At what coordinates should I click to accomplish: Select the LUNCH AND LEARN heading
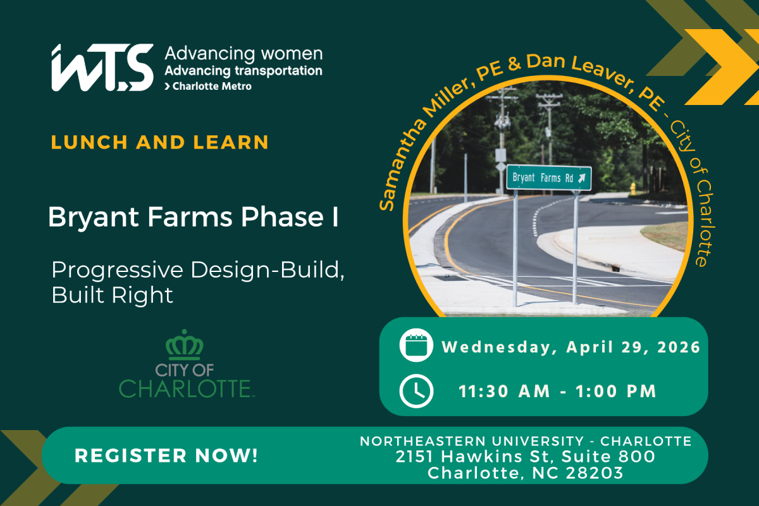160,142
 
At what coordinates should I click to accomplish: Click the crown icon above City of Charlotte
185,344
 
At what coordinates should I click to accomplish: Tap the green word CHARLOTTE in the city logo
186,388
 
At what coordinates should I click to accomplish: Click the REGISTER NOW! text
166,455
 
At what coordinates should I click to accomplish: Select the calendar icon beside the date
416,346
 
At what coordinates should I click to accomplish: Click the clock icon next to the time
416,391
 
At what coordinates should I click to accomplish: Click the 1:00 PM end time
616,392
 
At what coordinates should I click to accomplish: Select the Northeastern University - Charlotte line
526,441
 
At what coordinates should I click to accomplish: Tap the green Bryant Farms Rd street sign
548,178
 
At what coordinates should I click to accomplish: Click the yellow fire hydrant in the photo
633,188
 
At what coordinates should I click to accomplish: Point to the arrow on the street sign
581,178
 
